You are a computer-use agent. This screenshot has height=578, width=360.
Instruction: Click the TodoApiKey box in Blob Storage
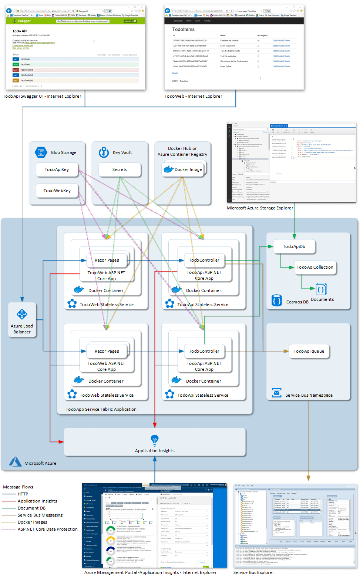[57, 169]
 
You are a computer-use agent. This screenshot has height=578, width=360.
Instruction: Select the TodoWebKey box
[57, 191]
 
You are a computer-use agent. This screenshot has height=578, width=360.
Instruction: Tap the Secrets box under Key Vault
[120, 169]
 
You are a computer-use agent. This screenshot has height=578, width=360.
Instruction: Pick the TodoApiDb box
[294, 246]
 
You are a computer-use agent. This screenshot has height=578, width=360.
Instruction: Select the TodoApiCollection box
[315, 267]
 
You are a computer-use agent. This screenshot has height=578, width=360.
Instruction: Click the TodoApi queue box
[309, 351]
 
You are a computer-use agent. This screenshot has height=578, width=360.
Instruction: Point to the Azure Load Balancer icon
[22, 315]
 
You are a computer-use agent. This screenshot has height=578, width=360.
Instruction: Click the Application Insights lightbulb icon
[155, 440]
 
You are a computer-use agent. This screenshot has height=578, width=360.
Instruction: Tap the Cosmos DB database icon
[276, 300]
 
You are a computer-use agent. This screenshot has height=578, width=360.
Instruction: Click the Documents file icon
[321, 289]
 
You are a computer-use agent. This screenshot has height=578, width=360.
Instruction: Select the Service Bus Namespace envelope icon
[276, 393]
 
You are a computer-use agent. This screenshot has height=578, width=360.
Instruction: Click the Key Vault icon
[104, 152]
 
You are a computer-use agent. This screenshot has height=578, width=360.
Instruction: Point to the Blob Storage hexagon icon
[41, 152]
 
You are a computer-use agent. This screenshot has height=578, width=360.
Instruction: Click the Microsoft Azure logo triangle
[16, 462]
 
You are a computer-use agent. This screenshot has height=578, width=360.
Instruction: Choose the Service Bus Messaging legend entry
[40, 515]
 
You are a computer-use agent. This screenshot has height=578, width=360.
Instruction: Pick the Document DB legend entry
[31, 508]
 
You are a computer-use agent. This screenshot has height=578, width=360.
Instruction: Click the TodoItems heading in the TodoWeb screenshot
[183, 29]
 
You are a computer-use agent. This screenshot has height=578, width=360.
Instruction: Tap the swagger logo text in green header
[24, 21]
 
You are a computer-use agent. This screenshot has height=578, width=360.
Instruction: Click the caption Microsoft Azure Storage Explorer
[260, 208]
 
